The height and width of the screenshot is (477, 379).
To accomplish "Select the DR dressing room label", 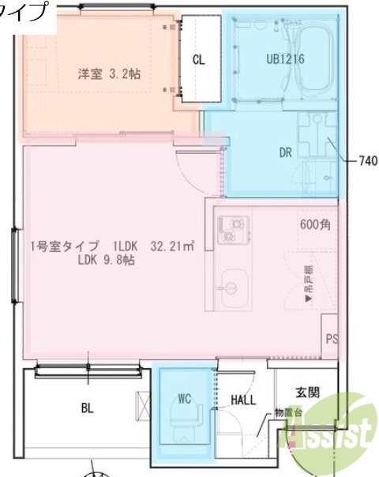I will pos(286,152).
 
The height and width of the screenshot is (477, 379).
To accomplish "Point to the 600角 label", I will pos(316,223).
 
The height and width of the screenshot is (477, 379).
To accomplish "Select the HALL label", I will pos(243,400).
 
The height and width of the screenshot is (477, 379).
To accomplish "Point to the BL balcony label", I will pos(87,408).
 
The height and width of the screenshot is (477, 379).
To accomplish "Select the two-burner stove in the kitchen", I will pos(234,228).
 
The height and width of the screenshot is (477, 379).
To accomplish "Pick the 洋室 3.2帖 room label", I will pos(109,73).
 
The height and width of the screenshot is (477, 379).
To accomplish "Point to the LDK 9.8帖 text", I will pos(106,259).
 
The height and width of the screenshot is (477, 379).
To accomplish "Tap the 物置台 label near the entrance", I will pos(287,411).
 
